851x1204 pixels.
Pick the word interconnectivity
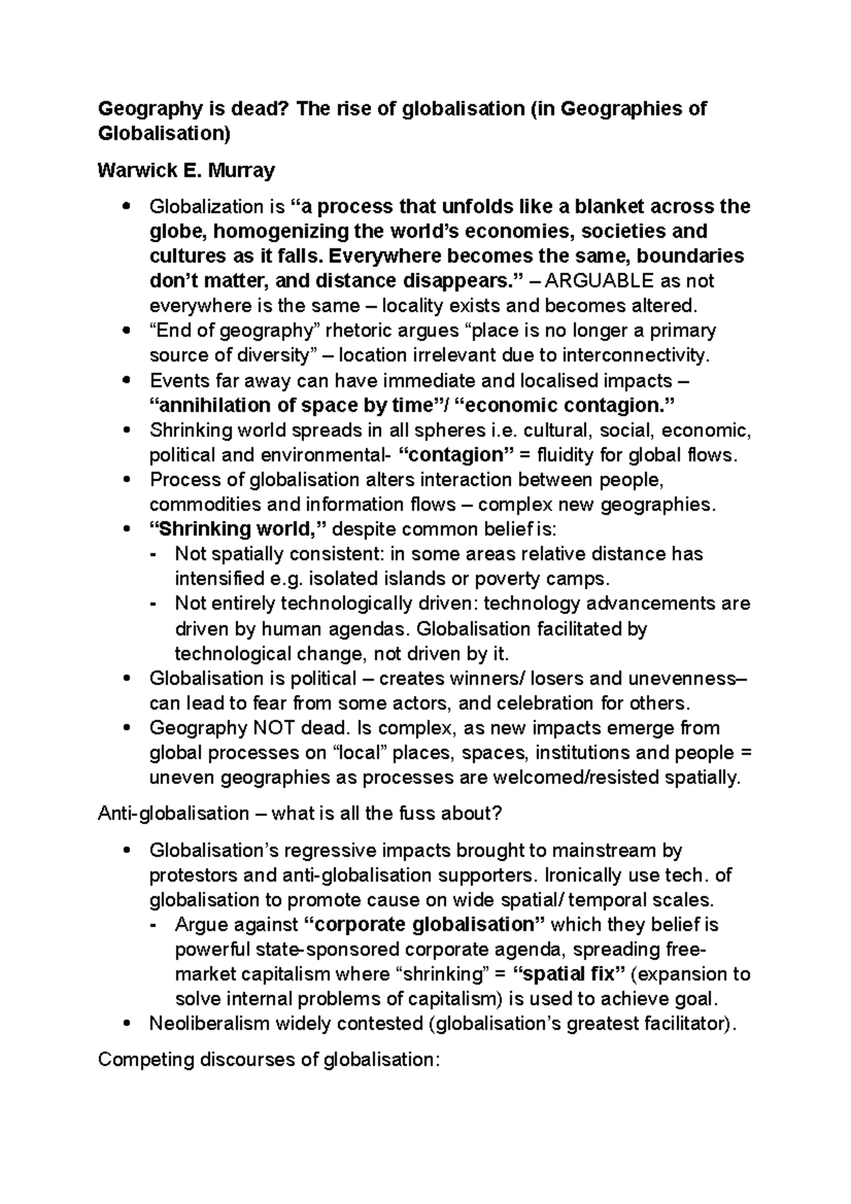coord(638,355)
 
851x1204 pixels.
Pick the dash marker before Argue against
coord(155,925)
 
